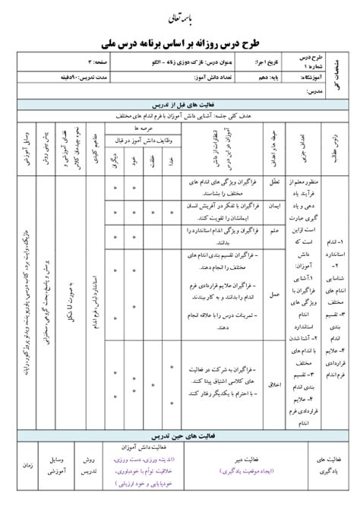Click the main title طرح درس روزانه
[180, 43]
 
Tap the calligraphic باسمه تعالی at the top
[180, 15]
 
